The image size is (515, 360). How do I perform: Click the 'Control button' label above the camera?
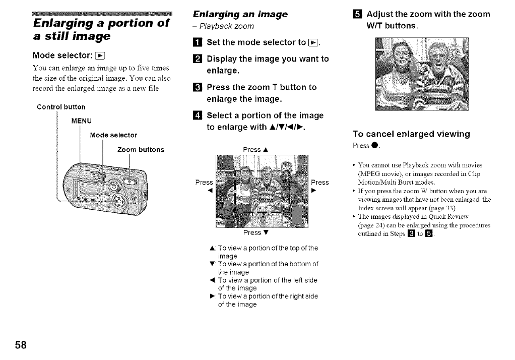click(61, 107)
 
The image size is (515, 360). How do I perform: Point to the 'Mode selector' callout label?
click(113, 135)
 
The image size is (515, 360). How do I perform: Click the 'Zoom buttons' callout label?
click(140, 150)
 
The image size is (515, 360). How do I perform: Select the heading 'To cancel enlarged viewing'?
click(411, 134)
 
